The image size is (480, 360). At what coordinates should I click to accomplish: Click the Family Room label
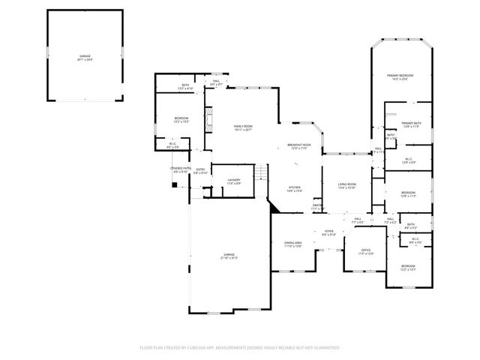242,127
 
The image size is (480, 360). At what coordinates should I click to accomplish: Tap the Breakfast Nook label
299,146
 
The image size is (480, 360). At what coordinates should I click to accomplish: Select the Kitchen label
295,189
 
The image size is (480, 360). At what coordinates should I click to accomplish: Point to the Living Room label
346,185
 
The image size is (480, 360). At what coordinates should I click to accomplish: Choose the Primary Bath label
411,124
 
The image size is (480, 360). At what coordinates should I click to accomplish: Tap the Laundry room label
233,181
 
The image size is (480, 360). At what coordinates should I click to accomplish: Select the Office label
365,251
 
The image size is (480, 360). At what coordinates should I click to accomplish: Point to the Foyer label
328,232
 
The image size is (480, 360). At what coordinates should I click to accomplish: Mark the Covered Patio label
180,169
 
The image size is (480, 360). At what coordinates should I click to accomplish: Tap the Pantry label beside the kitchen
317,206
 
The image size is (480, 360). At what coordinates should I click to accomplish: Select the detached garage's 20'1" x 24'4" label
85,58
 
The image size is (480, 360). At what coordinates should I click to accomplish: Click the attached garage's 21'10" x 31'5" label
229,256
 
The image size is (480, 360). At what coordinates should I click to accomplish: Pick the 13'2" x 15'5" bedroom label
181,120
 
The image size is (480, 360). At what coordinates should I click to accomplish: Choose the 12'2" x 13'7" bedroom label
407,268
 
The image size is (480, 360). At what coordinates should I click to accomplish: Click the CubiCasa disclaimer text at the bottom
240,348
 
